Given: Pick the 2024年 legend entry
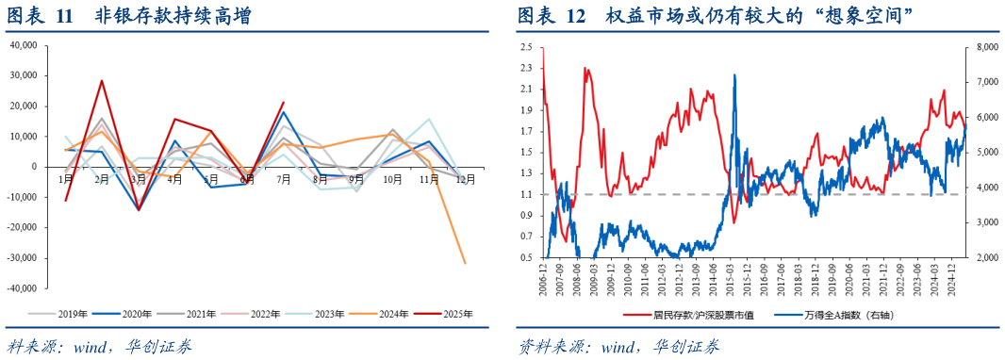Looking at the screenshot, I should (393, 314).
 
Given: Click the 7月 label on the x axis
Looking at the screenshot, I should (283, 178).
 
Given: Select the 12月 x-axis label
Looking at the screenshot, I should (464, 178).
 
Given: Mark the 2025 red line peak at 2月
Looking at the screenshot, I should (102, 80).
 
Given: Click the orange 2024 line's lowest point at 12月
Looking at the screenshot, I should (465, 263).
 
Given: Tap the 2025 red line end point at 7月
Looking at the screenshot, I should (283, 103).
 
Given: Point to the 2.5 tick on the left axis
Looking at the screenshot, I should (526, 46).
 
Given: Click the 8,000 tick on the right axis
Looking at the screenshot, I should (986, 46).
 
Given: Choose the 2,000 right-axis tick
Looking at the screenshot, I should (986, 257).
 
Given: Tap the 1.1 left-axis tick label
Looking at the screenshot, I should (526, 194).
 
